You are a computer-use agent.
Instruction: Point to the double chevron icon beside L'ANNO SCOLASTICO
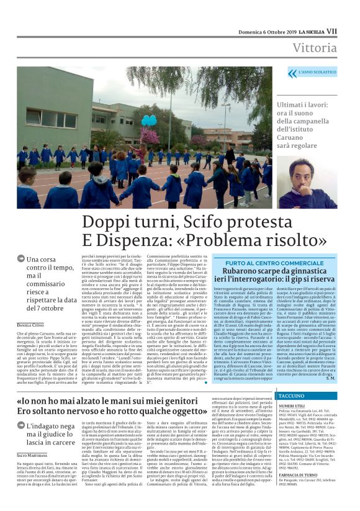click(x=292, y=73)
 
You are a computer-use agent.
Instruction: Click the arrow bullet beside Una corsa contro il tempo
click(x=20, y=259)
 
